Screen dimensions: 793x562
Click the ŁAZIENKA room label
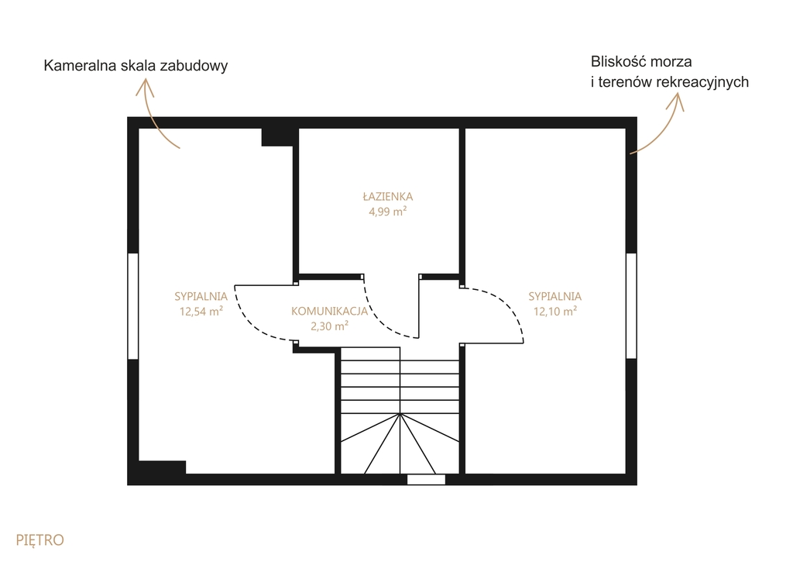387,196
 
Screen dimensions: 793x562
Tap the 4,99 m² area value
387,212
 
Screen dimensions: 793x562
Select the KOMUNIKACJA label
329,311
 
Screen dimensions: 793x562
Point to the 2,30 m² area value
329,326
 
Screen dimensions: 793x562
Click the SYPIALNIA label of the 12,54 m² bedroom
201,296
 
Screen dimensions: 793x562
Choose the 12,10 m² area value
554,311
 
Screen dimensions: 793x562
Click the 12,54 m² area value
201,311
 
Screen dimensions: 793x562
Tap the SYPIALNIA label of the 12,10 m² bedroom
554,296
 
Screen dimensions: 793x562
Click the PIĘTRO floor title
40,540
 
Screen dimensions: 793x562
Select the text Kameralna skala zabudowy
136,66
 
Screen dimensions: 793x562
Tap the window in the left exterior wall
132,306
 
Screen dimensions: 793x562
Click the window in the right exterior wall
631,306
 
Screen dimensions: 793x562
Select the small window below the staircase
427,480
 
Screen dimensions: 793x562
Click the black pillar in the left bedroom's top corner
277,137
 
